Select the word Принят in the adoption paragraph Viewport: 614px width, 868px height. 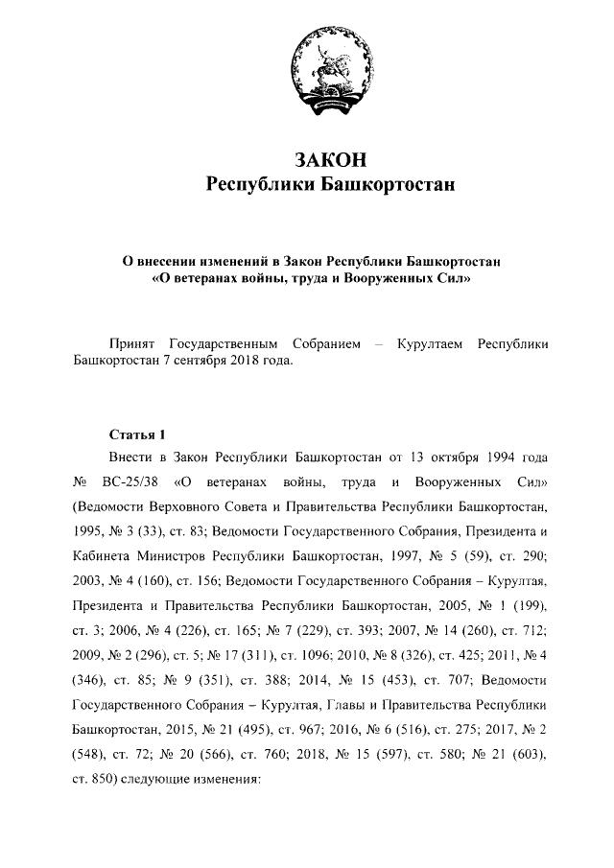pos(133,343)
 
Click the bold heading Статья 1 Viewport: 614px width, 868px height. pos(138,433)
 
